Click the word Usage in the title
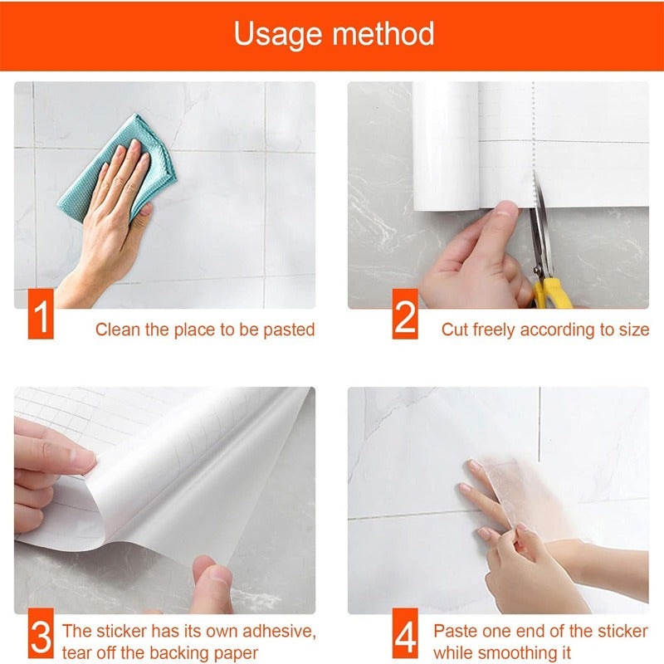(278, 35)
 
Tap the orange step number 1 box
(41, 314)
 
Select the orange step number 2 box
(405, 314)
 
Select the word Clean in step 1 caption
(117, 330)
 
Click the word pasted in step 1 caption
(289, 330)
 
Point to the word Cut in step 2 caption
(455, 330)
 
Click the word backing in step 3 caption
(171, 653)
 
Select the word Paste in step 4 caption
(455, 632)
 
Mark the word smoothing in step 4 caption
(516, 653)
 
